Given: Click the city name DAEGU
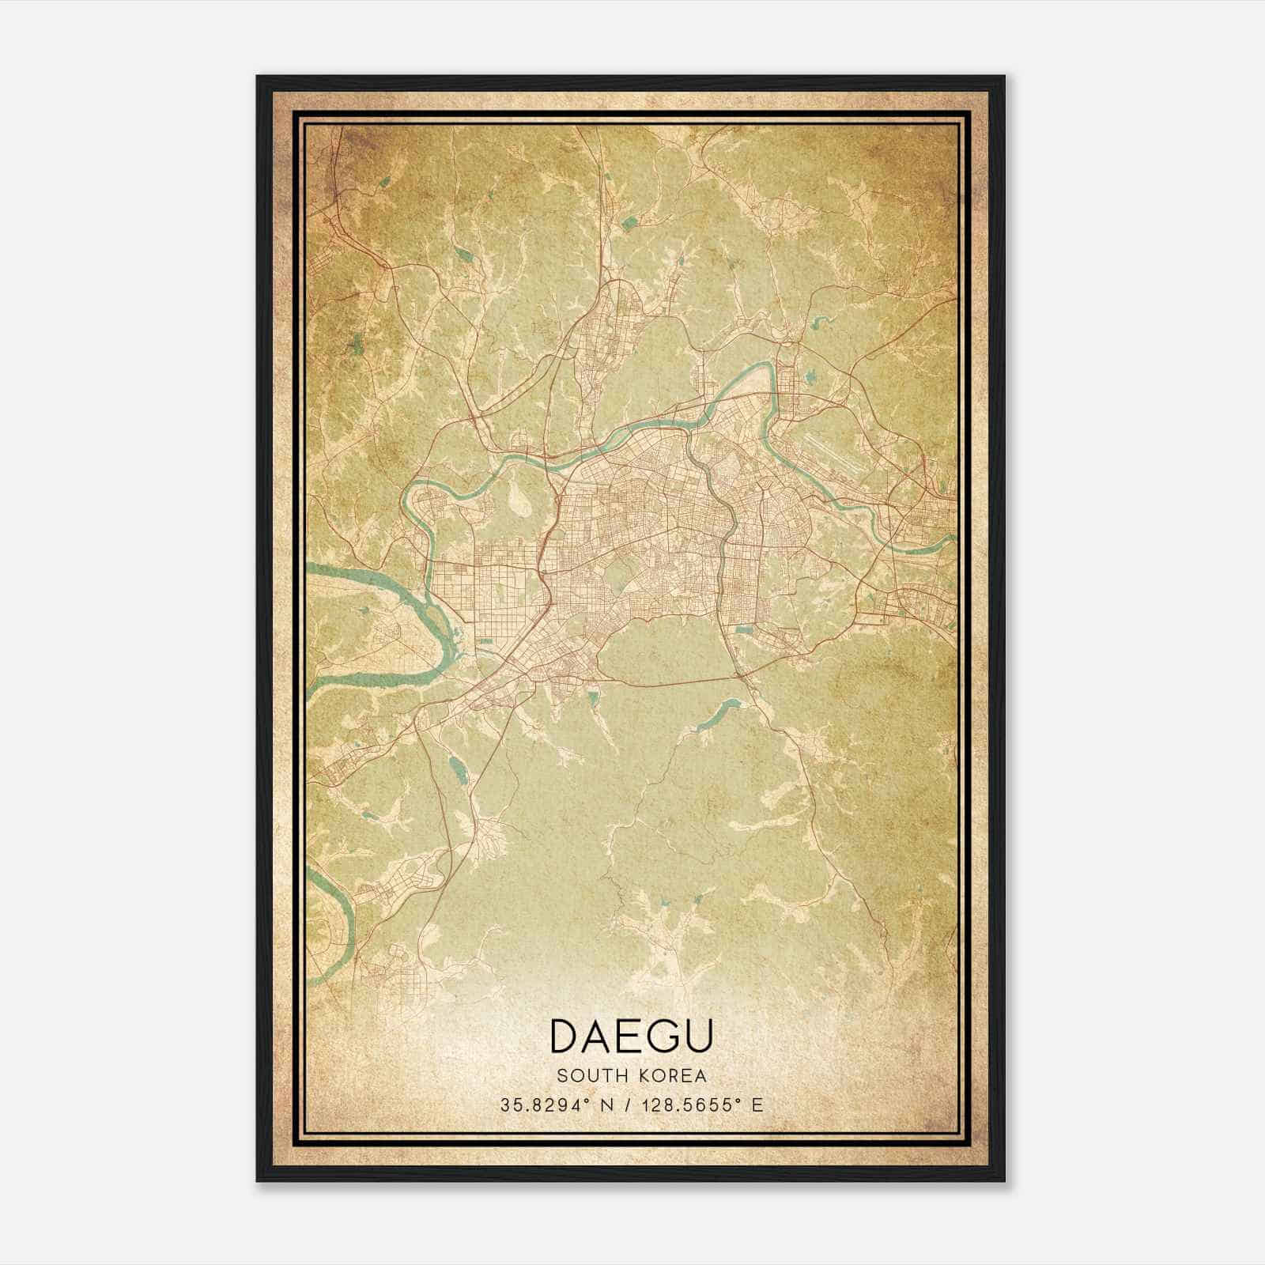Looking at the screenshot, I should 631,1036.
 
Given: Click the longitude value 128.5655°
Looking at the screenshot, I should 695,1105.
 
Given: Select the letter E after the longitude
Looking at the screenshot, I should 757,1105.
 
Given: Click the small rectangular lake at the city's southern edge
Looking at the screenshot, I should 744,630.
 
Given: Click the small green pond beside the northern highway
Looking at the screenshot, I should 629,224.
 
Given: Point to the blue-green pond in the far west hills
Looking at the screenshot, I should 357,343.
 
